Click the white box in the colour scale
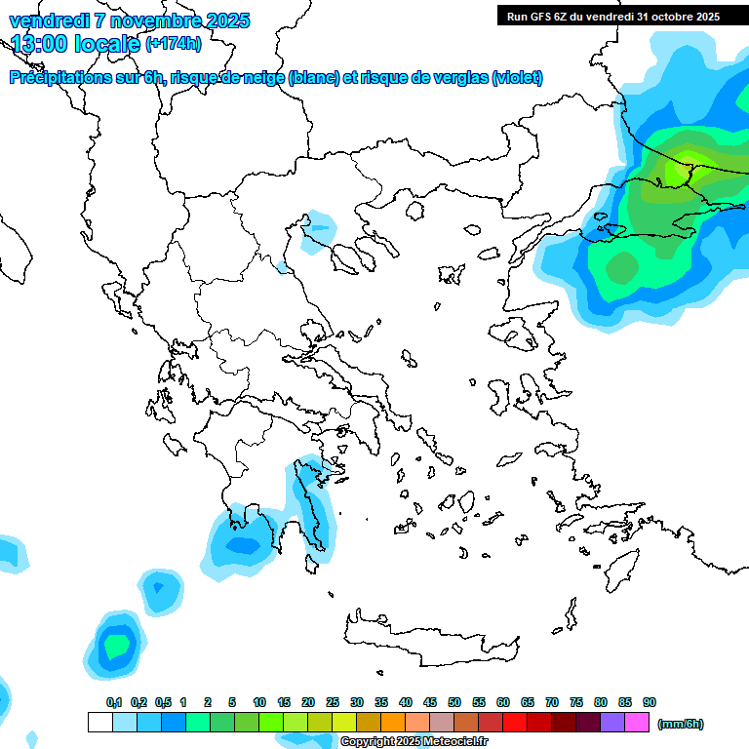point(99,722)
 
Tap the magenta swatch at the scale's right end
point(637,722)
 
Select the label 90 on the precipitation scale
point(650,703)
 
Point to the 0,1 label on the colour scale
point(114,703)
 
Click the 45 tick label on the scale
point(430,703)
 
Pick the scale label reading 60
point(503,703)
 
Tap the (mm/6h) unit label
point(681,724)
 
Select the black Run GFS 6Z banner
point(611,17)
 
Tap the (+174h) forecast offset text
point(174,43)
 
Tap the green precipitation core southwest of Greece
point(117,645)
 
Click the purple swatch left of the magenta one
point(612,722)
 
